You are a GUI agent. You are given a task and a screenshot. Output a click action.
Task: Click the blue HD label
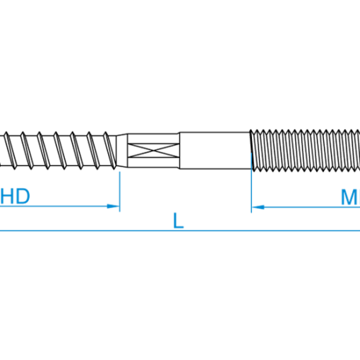(15, 197)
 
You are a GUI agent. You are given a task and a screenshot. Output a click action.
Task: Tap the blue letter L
(179, 220)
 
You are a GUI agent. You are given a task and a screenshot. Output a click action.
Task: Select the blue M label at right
(351, 197)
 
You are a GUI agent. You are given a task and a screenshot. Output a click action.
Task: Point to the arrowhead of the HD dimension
(113, 206)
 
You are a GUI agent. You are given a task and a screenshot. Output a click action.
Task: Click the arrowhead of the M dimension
(258, 207)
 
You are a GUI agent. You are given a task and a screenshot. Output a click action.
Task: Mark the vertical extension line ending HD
(120, 192)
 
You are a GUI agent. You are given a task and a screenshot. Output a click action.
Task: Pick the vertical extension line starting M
(251, 183)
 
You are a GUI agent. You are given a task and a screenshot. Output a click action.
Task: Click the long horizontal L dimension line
(180, 231)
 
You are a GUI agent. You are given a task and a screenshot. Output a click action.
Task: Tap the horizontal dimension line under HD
(60, 206)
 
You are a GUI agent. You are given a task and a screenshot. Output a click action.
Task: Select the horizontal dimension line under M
(306, 207)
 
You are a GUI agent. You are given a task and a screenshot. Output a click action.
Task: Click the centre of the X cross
(153, 150)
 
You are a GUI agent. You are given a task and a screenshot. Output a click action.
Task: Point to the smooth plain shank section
(215, 150)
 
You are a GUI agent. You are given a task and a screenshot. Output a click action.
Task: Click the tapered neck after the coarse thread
(122, 150)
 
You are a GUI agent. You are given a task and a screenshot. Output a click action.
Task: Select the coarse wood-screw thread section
(58, 150)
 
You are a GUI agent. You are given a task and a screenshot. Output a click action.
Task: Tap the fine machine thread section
(305, 150)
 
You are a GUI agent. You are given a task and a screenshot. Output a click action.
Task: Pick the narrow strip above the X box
(153, 139)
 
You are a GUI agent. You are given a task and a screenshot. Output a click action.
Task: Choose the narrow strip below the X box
(153, 162)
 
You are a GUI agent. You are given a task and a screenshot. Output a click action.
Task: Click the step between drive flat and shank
(180, 150)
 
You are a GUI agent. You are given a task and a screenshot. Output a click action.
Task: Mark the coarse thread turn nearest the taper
(110, 150)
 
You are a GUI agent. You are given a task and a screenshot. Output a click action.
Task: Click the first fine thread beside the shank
(253, 150)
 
